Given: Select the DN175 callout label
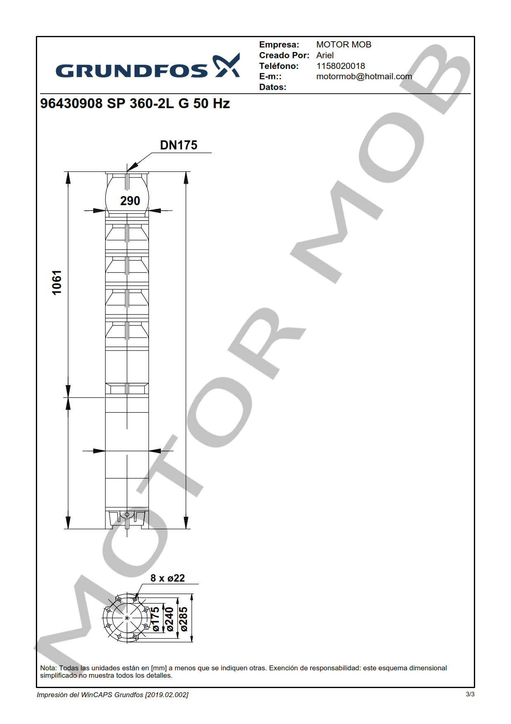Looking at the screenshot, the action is [179, 145].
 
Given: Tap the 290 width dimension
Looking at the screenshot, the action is [130, 201].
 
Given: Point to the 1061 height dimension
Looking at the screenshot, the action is [57, 283].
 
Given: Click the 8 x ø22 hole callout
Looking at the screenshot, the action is [167, 578].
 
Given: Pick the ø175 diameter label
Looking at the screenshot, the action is [155, 619].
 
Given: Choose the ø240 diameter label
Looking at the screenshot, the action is [169, 619].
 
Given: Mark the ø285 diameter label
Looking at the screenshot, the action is [184, 619].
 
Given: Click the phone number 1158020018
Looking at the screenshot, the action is [341, 66].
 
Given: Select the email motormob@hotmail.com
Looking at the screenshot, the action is [364, 76].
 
